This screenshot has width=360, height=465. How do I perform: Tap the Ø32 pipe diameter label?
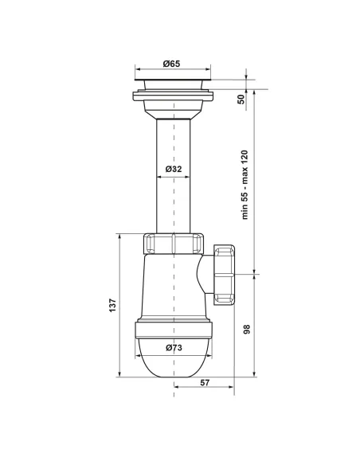pos(174,170)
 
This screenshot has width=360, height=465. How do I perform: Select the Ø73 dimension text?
pos(174,347)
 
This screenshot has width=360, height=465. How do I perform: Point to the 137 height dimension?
pos(112,304)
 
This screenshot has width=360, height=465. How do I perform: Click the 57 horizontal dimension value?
pos(204,384)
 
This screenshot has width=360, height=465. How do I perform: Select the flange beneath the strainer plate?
pos(174,98)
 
